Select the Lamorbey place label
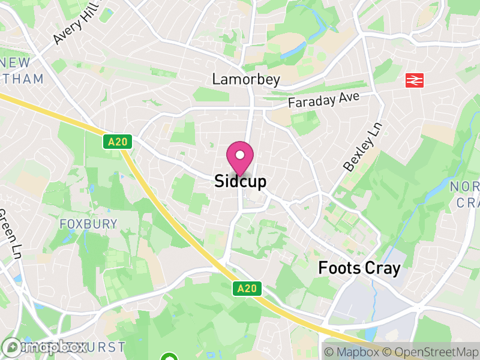tap(246, 79)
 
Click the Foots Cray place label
tap(359, 268)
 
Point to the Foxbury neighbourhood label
tap(88, 224)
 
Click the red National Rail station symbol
tap(414, 80)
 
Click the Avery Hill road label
tap(77, 25)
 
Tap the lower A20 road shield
tap(246, 289)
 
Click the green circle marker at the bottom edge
tap(170, 358)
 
